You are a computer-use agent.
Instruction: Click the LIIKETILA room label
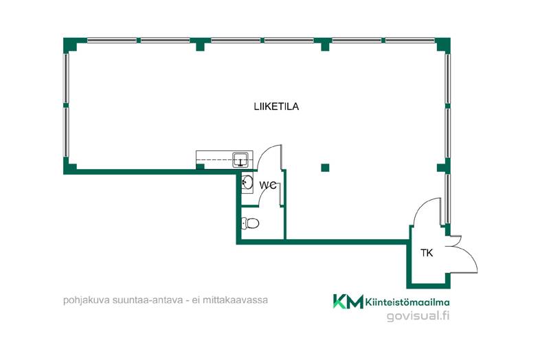coord(276,106)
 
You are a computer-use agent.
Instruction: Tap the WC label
coord(267,185)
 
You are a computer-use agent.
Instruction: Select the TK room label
coord(427,253)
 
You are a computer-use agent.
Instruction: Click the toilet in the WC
coord(250,223)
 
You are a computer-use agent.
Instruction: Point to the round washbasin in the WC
coord(247,183)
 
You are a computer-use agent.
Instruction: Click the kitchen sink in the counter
coord(240,160)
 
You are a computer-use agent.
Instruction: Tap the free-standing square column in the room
coord(325,168)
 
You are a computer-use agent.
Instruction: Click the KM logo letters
coord(348,302)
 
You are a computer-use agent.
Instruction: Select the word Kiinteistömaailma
coord(407,302)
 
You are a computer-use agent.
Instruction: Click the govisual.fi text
coord(418,315)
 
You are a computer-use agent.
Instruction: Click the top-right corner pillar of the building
coord(443,45)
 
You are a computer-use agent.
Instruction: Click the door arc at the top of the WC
coord(269,157)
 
